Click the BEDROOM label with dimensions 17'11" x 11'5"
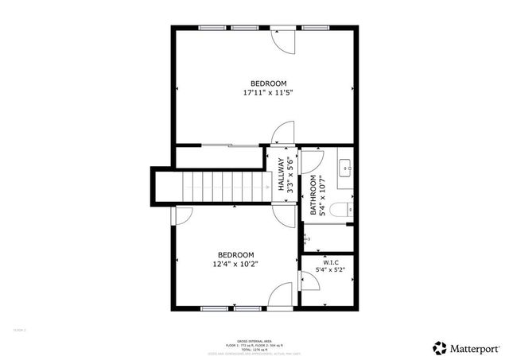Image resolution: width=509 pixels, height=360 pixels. click(268, 88)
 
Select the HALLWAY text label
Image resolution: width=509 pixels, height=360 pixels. click(281, 176)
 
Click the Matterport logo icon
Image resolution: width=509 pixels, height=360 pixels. click(438, 347)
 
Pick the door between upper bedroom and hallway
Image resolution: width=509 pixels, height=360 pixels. click(283, 134)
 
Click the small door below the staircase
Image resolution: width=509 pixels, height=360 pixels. click(182, 214)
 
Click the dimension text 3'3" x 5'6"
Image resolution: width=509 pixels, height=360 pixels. click(290, 176)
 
